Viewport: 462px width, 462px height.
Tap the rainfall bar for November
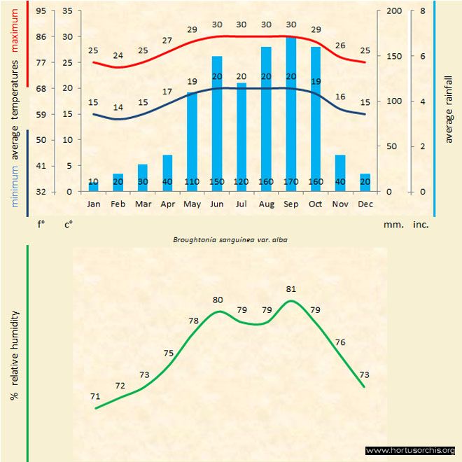[x=340, y=172]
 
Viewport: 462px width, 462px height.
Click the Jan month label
[x=93, y=204]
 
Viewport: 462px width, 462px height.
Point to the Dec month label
[x=365, y=204]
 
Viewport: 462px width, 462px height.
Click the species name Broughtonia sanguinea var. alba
[x=231, y=239]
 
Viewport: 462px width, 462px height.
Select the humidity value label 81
[x=291, y=288]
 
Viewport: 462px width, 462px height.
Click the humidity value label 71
[x=95, y=396]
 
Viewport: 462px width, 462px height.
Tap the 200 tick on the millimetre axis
[x=394, y=11]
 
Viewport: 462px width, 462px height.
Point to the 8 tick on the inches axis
[x=422, y=11]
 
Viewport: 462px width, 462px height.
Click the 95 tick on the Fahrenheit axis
[x=41, y=11]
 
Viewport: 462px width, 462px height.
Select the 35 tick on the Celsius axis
[x=67, y=11]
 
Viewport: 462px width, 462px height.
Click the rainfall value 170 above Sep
[x=291, y=182]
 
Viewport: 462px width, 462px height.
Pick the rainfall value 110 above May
[x=192, y=182]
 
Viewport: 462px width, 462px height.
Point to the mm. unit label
[x=392, y=225]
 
